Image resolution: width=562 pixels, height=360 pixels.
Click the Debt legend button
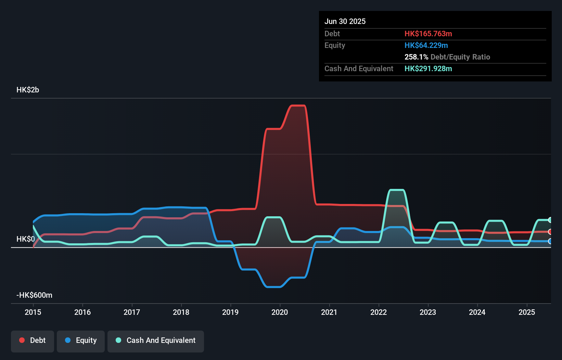(x=33, y=340)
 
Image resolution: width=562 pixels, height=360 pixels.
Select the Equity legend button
(x=81, y=340)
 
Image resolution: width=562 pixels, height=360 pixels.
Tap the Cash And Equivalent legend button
(x=156, y=340)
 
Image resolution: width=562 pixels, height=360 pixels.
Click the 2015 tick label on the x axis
(x=33, y=312)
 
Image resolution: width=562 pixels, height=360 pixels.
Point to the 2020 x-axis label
(x=280, y=312)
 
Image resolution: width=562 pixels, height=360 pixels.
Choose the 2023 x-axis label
(x=428, y=312)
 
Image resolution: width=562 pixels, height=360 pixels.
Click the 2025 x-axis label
(x=527, y=312)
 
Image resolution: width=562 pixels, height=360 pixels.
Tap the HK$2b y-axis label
(x=28, y=90)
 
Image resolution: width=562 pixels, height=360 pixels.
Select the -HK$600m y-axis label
(x=35, y=295)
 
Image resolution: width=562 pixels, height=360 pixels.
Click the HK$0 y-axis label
(x=26, y=239)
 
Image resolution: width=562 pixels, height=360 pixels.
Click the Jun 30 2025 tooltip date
(x=345, y=21)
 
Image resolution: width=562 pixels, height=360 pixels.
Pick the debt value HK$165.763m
(x=428, y=34)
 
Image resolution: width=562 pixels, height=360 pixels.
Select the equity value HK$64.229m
(x=426, y=46)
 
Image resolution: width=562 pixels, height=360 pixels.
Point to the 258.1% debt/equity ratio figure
(x=416, y=57)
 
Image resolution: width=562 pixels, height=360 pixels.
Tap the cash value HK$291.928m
(x=428, y=69)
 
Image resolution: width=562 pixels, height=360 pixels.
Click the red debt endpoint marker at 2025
(x=550, y=232)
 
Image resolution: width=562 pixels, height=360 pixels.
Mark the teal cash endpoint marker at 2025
(x=550, y=220)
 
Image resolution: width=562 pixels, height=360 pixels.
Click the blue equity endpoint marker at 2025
(x=550, y=241)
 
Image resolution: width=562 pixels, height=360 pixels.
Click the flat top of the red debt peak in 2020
(x=298, y=106)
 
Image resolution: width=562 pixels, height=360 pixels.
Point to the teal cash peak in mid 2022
(x=397, y=190)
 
